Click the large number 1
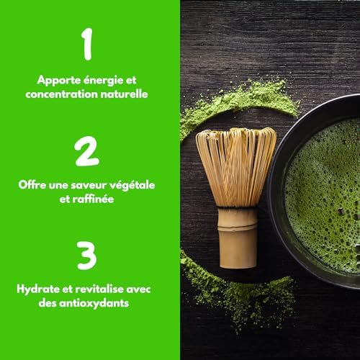click(x=88, y=45)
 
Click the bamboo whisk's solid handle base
click(x=237, y=238)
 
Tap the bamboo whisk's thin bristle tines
click(x=235, y=166)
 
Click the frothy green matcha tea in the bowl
click(x=324, y=194)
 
